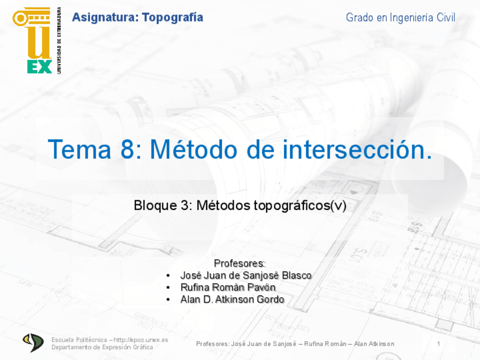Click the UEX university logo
click(33, 41)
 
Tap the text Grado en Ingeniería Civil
click(400, 18)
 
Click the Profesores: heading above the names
click(239, 263)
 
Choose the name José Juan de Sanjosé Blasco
click(246, 276)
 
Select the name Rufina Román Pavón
click(228, 288)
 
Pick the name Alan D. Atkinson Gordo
click(232, 299)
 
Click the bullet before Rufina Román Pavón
click(169, 288)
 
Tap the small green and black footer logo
click(33, 342)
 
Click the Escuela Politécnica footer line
click(110, 340)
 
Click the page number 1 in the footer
click(439, 344)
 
